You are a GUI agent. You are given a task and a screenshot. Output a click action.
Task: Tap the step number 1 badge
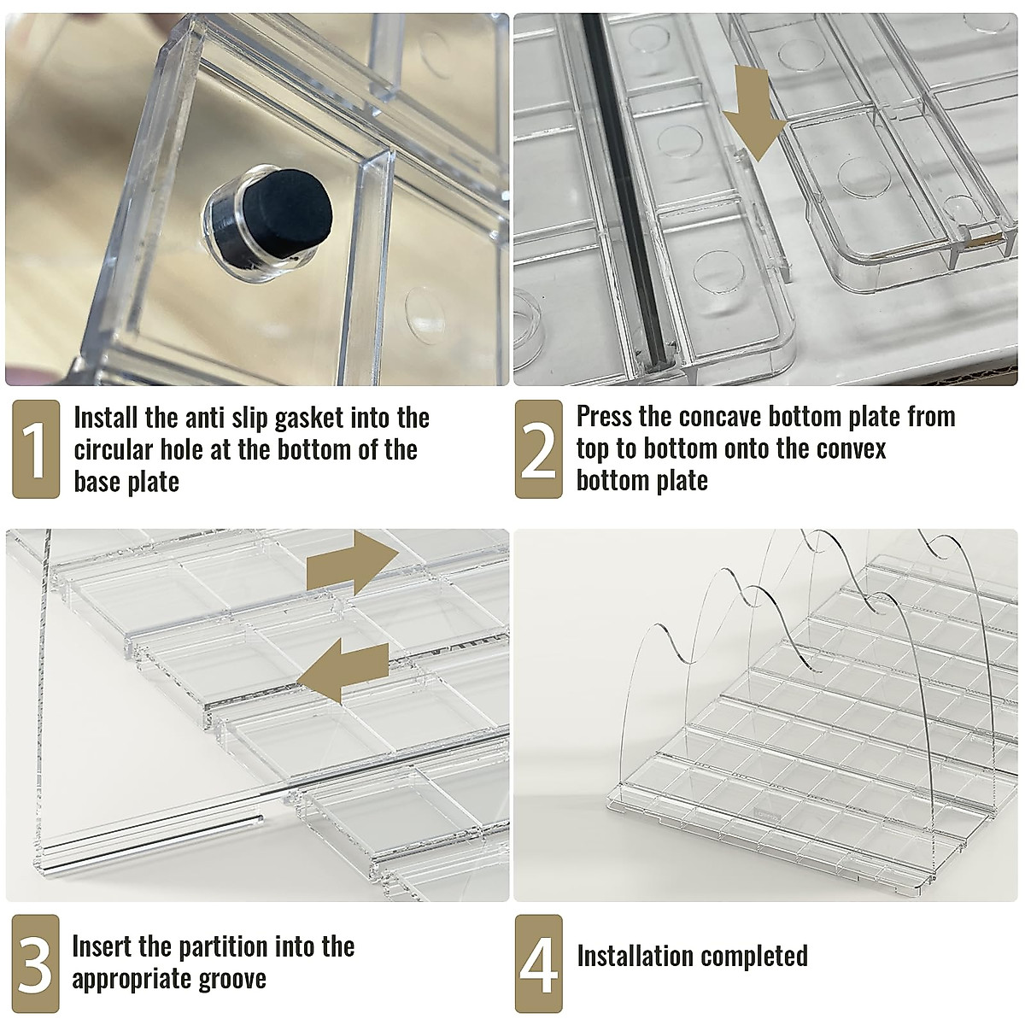pos(36,449)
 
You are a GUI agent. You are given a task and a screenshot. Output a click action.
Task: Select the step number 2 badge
pos(538,449)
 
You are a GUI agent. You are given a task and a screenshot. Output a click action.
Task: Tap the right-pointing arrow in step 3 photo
pos(353,563)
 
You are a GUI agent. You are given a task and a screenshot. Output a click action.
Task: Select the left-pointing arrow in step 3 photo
pos(343,671)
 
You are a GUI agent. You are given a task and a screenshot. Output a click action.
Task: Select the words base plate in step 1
pos(126,482)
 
